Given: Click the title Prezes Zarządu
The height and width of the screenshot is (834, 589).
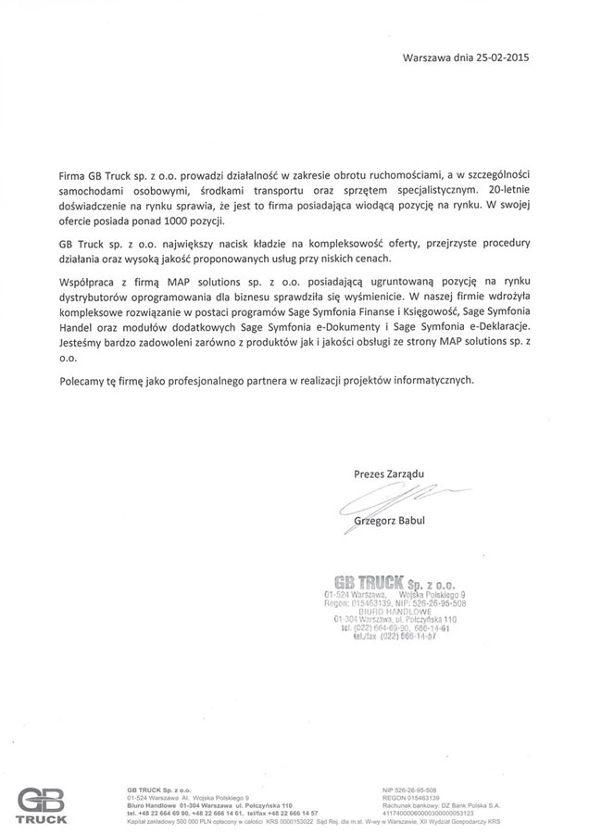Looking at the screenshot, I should (388, 474).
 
